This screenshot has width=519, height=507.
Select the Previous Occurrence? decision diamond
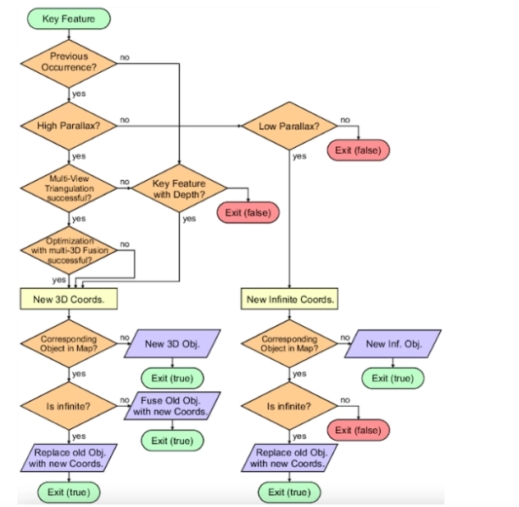click(69, 62)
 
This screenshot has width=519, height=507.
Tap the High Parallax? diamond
click(69, 126)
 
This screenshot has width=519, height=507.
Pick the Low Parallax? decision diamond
click(289, 126)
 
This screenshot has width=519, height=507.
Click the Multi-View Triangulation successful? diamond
click(69, 188)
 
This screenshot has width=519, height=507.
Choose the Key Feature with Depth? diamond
click(179, 188)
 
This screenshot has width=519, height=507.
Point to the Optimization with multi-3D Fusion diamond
click(69, 251)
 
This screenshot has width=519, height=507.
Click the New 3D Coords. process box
click(69, 299)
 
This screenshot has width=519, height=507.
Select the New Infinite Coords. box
click(290, 299)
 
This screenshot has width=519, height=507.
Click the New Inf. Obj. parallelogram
click(393, 343)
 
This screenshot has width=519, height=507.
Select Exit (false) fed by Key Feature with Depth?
click(248, 211)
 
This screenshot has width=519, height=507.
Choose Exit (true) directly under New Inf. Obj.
click(392, 378)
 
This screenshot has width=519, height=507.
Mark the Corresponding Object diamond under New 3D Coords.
click(69, 344)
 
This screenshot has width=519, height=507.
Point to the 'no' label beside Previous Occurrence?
click(125, 57)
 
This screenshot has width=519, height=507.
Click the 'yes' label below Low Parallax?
click(299, 156)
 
